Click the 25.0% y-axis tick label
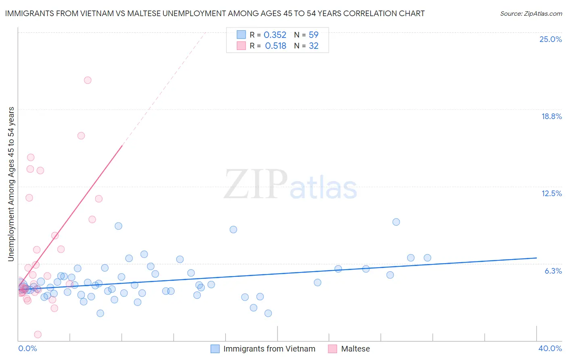pyautogui.click(x=550, y=39)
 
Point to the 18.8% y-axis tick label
pyautogui.click(x=551, y=116)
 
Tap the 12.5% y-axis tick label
pyautogui.click(x=551, y=193)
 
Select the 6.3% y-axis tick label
pyautogui.click(x=553, y=271)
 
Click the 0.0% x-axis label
pyautogui.click(x=27, y=348)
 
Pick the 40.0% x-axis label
pyautogui.click(x=550, y=348)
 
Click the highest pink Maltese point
pyautogui.click(x=88, y=80)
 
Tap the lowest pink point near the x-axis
pyautogui.click(x=38, y=335)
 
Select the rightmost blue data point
pyautogui.click(x=427, y=258)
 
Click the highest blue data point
pyautogui.click(x=396, y=222)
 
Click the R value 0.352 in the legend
pyautogui.click(x=275, y=35)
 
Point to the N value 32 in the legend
pyautogui.click(x=313, y=46)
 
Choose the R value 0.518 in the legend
pyautogui.click(x=275, y=46)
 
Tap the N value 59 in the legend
pyautogui.click(x=313, y=35)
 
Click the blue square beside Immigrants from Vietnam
pyautogui.click(x=215, y=349)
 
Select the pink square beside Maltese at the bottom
pyautogui.click(x=332, y=349)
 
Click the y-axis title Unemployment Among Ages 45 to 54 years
pyautogui.click(x=11, y=184)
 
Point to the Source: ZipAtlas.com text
pyautogui.click(x=531, y=14)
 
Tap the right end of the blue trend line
pyautogui.click(x=536, y=257)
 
